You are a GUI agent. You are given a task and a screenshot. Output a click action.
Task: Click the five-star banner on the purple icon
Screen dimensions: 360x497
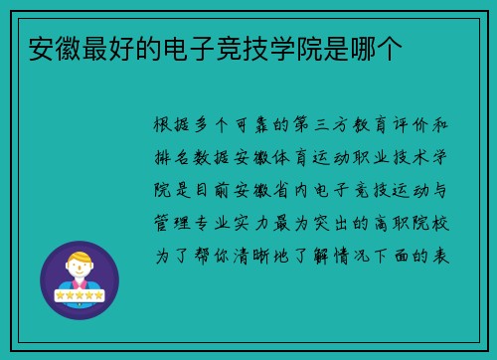coord(79,295)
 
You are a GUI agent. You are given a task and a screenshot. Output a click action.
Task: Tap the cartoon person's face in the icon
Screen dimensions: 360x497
coord(79,267)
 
